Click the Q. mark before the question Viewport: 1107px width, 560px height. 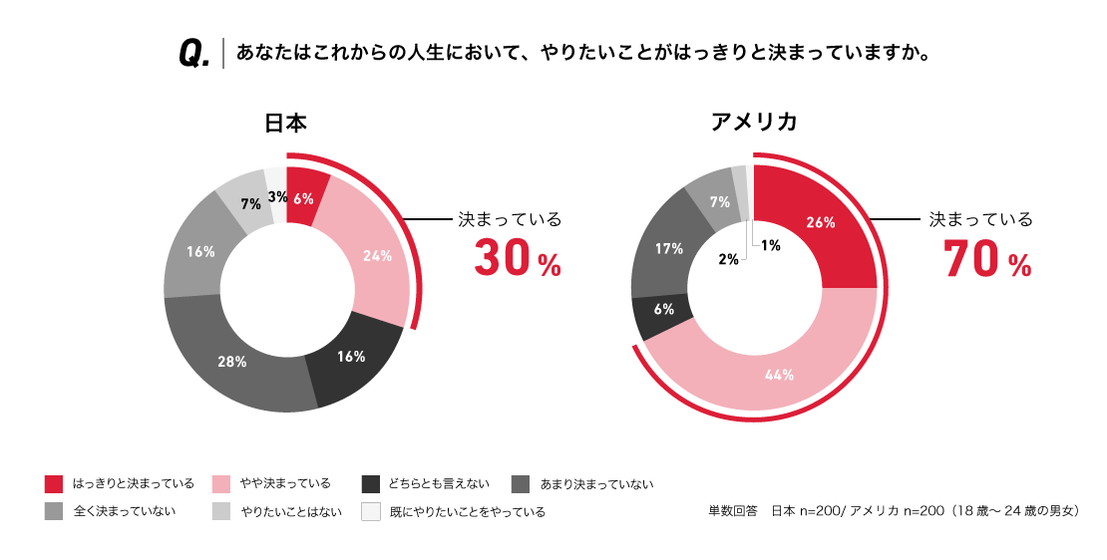tap(193, 54)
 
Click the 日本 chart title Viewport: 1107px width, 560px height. tap(285, 124)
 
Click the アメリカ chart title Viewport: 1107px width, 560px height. tap(753, 124)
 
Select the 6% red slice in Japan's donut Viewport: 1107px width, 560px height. tap(304, 196)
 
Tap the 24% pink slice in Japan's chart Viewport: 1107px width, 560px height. tap(376, 255)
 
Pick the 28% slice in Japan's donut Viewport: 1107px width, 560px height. tap(231, 362)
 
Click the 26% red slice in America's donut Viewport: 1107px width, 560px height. tap(821, 223)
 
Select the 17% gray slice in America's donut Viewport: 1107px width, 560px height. tap(668, 249)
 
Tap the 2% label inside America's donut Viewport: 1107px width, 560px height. tap(728, 259)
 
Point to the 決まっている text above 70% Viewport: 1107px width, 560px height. tap(980, 219)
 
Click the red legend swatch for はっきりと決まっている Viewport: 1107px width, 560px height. tap(55, 484)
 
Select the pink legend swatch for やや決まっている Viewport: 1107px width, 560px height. tap(221, 484)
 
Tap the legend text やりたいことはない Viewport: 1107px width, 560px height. tap(291, 512)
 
